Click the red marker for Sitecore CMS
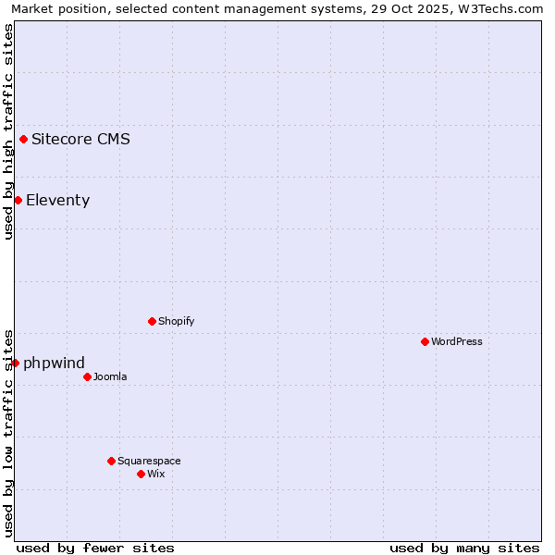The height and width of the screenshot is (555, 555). click(23, 140)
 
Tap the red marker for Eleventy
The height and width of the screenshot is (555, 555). click(18, 201)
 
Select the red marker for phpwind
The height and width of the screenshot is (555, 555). click(15, 363)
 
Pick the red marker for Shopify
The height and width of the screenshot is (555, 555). click(152, 321)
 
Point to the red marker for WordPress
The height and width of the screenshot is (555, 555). click(425, 341)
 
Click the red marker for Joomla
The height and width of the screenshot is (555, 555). click(87, 376)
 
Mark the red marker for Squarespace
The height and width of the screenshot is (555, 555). click(111, 461)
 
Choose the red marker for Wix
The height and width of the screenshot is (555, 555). click(141, 474)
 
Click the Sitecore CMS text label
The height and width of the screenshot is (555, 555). click(80, 140)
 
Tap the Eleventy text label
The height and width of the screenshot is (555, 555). click(57, 201)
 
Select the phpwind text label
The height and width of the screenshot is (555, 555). click(54, 363)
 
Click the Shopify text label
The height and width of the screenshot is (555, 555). click(176, 321)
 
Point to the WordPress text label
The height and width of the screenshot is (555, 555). click(457, 341)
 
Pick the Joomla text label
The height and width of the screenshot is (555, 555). click(110, 376)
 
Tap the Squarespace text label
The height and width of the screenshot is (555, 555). click(149, 461)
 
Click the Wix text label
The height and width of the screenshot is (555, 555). click(155, 474)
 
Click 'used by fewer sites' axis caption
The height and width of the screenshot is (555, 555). click(95, 548)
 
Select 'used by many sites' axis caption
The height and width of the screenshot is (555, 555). click(464, 548)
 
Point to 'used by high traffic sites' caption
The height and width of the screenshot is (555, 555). click(8, 131)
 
